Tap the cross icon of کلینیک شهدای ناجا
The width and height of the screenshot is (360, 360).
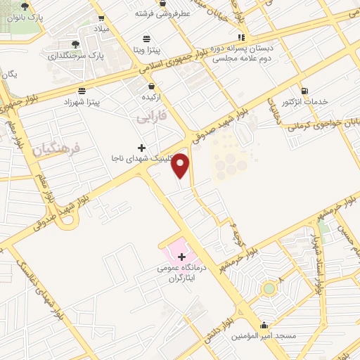coord(143,148)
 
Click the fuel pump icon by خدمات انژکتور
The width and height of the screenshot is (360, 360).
coord(304,90)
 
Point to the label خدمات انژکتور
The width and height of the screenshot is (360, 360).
coord(304,102)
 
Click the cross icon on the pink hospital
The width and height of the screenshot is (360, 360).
coord(182,257)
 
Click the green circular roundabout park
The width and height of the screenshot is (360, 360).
coord(269,289)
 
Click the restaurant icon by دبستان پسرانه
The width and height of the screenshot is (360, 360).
coord(241,37)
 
